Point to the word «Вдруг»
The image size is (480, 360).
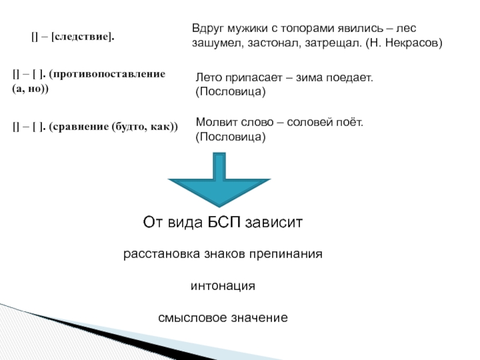coord(208,28)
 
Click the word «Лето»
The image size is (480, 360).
coord(208,78)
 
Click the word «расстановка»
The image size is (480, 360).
coord(156,254)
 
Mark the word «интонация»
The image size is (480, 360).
coord(223,286)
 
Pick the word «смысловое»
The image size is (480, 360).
coord(189,317)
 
